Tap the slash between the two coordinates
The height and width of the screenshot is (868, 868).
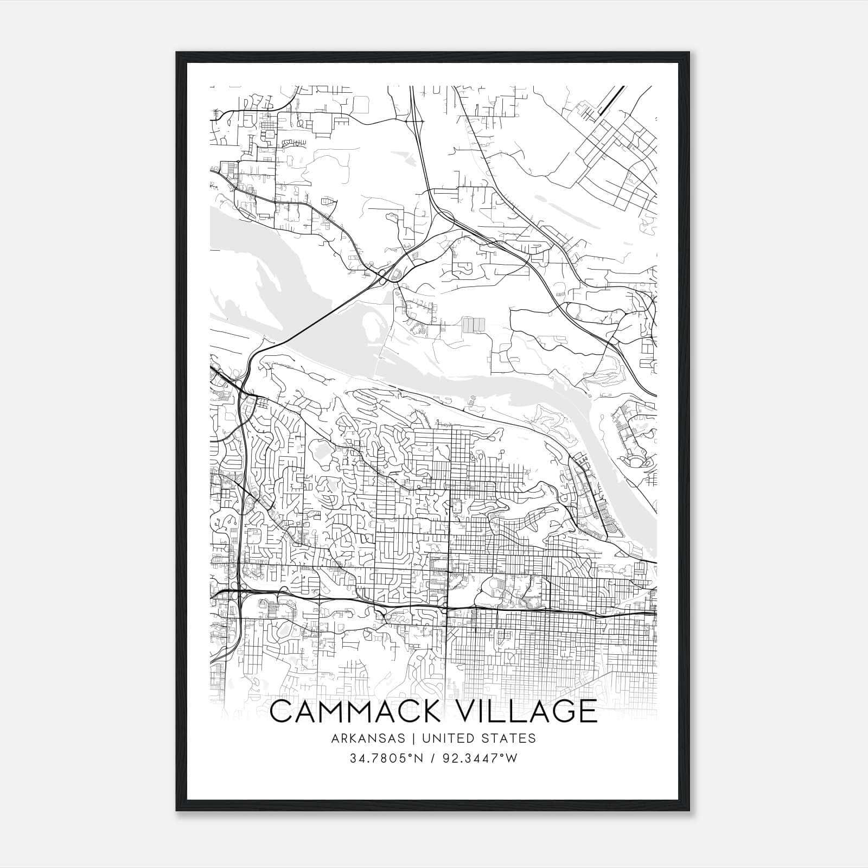tap(432, 758)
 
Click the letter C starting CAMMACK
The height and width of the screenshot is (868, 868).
tap(282, 711)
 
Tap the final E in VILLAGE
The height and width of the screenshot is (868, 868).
tap(587, 711)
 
